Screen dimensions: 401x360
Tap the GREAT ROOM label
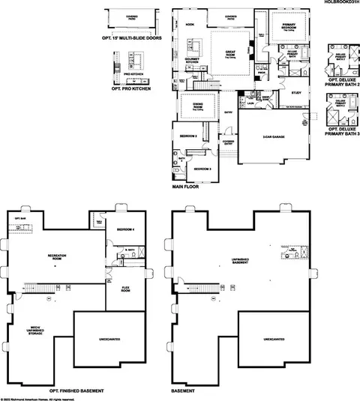tap(230, 53)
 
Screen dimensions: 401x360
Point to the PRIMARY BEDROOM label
tap(289, 26)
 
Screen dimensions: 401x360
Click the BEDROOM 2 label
tap(187, 136)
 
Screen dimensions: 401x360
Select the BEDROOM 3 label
tap(202, 169)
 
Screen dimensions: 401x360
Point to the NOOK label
tap(190, 24)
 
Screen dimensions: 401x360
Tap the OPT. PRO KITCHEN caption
tap(131, 88)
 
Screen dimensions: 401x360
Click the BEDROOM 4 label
tap(125, 229)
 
